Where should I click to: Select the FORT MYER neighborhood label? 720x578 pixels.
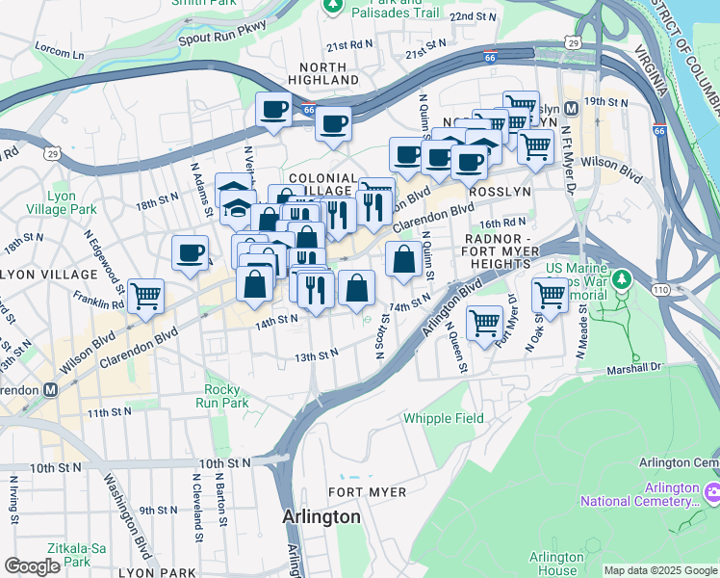(367, 491)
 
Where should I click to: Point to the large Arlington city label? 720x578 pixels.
(321, 517)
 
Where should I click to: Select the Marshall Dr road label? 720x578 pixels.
(634, 368)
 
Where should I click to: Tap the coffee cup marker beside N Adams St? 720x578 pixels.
(191, 252)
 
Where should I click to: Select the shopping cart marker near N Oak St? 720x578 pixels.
(550, 293)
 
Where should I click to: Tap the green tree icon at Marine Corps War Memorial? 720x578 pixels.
(622, 279)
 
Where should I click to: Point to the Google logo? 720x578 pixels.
(32, 566)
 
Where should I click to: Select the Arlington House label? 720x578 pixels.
(556, 564)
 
